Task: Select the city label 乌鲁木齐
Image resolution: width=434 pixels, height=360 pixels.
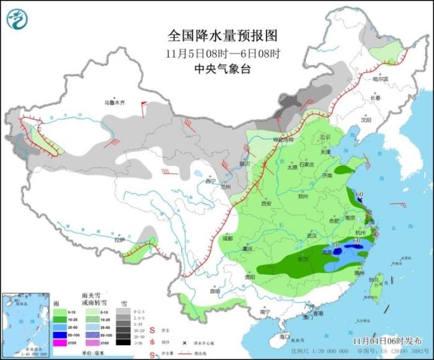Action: [x=115, y=102]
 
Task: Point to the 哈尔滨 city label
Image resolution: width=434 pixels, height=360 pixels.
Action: [x=380, y=79]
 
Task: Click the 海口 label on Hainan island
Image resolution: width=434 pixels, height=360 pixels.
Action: [x=285, y=336]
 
